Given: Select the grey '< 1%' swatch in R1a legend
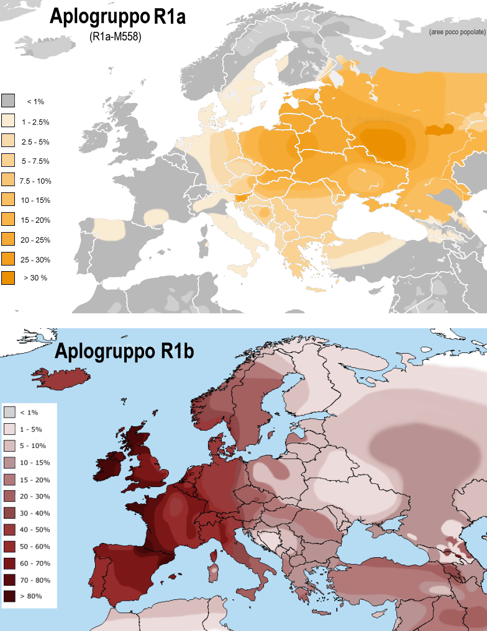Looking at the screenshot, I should click(8, 101).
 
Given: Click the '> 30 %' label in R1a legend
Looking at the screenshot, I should click(35, 277).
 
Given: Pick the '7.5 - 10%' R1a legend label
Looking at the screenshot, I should click(35, 181).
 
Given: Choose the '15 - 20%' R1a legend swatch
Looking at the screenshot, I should click(8, 220).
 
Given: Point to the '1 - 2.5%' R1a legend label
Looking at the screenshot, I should click(35, 122).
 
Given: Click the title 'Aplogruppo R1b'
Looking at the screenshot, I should click(124, 351).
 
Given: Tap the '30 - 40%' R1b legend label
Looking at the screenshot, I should click(35, 513).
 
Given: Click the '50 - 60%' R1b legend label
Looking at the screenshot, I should click(35, 547).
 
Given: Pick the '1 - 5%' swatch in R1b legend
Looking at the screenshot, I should click(9, 429).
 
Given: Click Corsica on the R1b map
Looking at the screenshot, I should click(217, 554).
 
